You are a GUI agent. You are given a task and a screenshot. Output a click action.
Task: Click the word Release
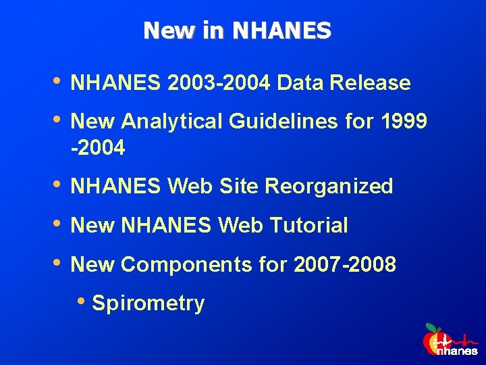click(370, 83)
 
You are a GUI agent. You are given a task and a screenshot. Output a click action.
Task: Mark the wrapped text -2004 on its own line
click(98, 148)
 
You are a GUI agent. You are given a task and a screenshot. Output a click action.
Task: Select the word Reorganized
click(329, 187)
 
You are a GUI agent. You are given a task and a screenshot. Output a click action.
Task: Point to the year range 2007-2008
click(345, 264)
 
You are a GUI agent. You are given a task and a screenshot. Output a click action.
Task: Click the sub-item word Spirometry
click(148, 303)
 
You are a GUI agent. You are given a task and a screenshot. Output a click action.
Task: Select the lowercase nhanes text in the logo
click(456, 351)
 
